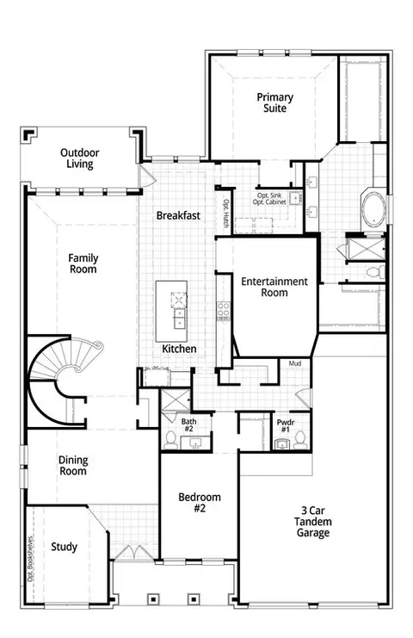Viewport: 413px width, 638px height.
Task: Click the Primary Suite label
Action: (x=274, y=102)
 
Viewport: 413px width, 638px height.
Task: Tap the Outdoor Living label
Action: (x=80, y=158)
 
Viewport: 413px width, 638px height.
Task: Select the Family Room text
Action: (x=83, y=263)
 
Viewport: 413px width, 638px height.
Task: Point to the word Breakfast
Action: (x=178, y=215)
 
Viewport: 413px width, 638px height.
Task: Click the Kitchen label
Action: (x=179, y=349)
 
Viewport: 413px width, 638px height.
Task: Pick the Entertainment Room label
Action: (x=274, y=287)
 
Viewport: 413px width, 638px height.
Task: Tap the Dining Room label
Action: (x=73, y=466)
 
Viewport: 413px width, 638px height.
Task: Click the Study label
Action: (x=64, y=547)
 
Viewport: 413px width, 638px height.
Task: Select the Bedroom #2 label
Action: (x=200, y=503)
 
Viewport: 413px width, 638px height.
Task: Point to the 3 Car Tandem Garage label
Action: (x=312, y=522)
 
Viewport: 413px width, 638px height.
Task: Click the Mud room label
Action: (x=295, y=363)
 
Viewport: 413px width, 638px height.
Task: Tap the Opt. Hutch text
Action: (x=226, y=214)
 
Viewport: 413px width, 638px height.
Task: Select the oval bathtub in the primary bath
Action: (x=374, y=210)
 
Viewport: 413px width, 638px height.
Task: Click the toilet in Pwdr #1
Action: (x=300, y=440)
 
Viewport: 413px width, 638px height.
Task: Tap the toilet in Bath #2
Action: (x=170, y=440)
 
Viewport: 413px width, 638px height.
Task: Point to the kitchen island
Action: (x=171, y=312)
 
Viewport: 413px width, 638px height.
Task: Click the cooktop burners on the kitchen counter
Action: (x=223, y=310)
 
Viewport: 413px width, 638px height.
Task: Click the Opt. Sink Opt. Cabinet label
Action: (x=269, y=199)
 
